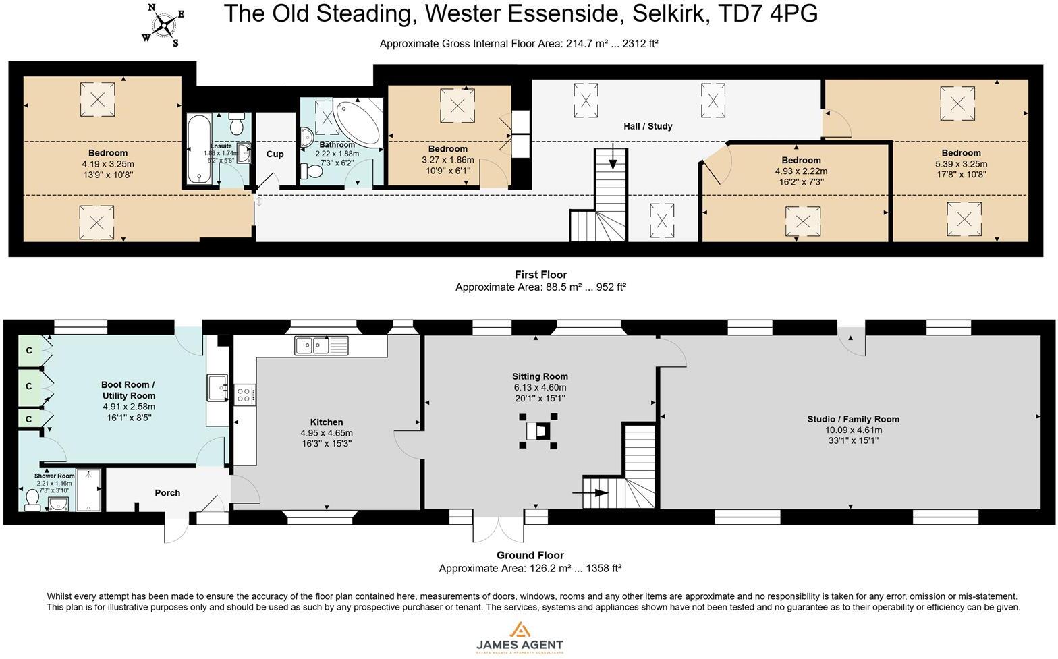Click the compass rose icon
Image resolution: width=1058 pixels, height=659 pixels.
click(163, 26)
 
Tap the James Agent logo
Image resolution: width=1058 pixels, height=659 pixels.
click(520, 637)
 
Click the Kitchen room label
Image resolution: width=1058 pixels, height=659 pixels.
click(327, 422)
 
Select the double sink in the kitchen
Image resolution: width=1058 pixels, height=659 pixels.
click(321, 345)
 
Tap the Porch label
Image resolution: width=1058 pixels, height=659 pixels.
click(167, 493)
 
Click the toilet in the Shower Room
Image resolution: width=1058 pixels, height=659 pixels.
click(32, 499)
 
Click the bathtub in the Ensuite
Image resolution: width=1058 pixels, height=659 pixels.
click(198, 149)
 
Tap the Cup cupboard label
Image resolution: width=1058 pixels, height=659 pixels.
click(275, 154)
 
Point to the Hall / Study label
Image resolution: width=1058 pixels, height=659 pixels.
click(647, 126)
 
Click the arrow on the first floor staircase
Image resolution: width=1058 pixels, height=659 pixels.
click(612, 160)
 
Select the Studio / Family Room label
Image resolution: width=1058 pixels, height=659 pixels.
click(853, 419)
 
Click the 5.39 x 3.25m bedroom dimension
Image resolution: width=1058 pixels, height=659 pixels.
click(961, 164)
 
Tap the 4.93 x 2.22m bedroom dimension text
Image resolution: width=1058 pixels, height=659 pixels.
click(801, 171)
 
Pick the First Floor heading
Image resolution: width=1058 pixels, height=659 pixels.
click(540, 275)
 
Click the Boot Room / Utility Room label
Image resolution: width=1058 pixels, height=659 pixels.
click(128, 391)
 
